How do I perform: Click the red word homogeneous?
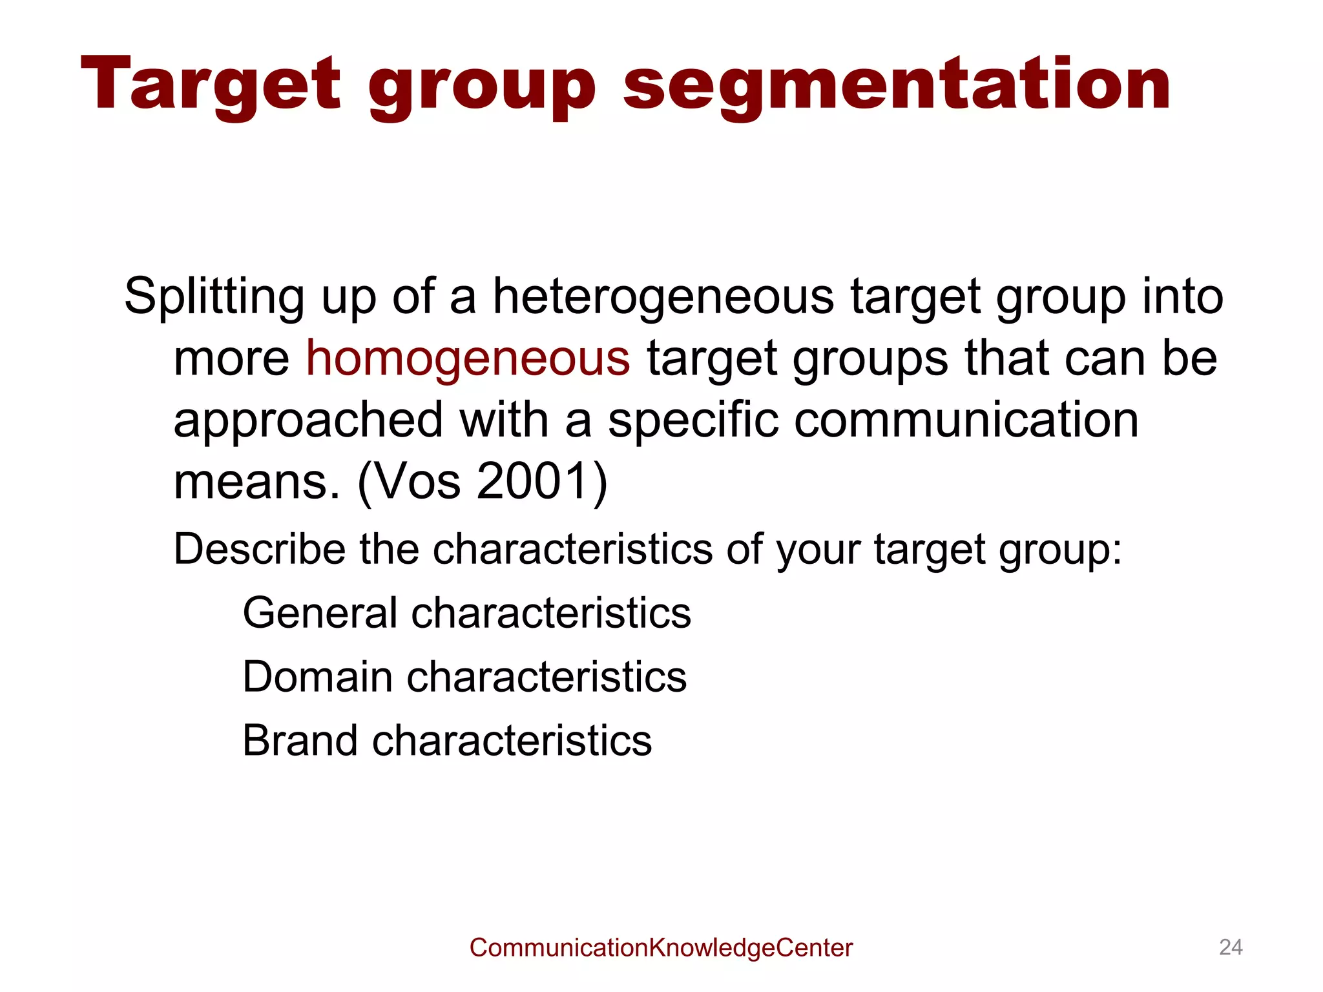pyautogui.click(x=468, y=358)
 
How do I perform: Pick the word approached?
pyautogui.click(x=308, y=420)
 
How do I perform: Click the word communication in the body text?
pyautogui.click(x=966, y=420)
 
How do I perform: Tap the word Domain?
pyautogui.click(x=317, y=677)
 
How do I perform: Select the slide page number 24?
pyautogui.click(x=1231, y=947)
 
